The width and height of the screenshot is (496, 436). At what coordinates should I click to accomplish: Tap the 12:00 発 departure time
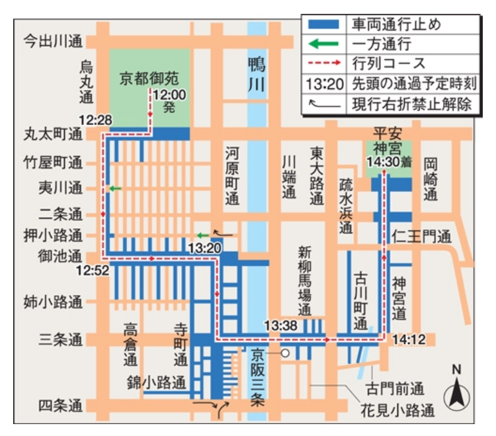169,101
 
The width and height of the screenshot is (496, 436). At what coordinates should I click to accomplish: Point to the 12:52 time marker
92,270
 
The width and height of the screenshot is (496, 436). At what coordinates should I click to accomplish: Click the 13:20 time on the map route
203,247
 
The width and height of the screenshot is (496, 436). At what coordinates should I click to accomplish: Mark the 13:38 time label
280,325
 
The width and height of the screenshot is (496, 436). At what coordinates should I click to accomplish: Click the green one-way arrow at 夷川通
116,189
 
